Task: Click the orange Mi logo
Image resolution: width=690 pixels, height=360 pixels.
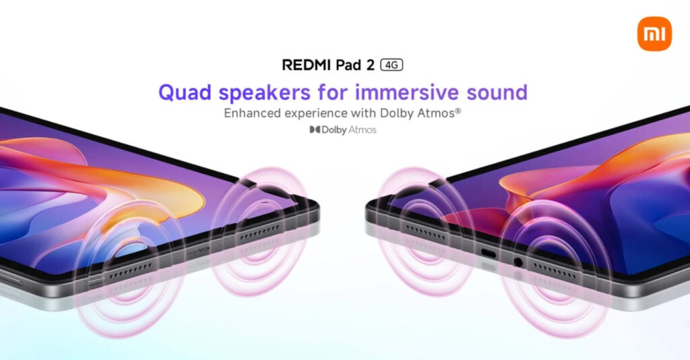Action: (x=654, y=34)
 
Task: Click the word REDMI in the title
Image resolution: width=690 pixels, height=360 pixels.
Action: (x=307, y=65)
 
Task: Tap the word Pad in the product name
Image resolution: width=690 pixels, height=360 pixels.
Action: (x=348, y=65)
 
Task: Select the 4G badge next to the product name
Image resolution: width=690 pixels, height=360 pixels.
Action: (x=391, y=65)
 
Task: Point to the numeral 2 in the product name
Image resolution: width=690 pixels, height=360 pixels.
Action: (x=370, y=65)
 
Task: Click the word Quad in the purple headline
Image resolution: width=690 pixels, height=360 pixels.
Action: (x=185, y=93)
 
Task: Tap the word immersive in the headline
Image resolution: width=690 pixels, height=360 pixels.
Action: (x=406, y=92)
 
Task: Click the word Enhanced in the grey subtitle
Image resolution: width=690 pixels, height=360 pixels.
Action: (x=253, y=113)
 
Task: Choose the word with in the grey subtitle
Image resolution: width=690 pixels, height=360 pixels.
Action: (x=363, y=113)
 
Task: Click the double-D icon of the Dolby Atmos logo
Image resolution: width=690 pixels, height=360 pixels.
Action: (x=315, y=129)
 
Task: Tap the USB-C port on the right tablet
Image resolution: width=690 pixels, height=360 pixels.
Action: (x=489, y=254)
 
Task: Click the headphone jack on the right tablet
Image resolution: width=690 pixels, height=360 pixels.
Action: (x=518, y=262)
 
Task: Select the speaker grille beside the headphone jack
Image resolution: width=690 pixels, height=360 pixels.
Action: (x=555, y=271)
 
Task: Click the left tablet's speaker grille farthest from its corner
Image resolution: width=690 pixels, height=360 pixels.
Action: (x=131, y=271)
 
